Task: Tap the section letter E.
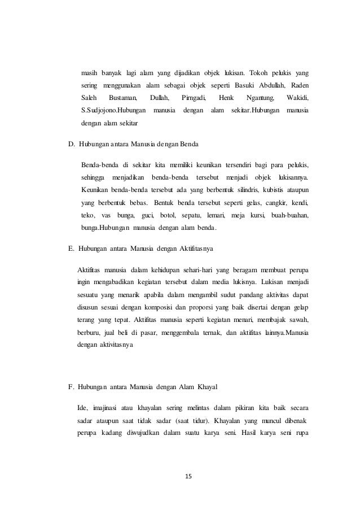coord(71,247)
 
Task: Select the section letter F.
coord(71,387)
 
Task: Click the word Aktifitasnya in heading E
coord(201,247)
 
